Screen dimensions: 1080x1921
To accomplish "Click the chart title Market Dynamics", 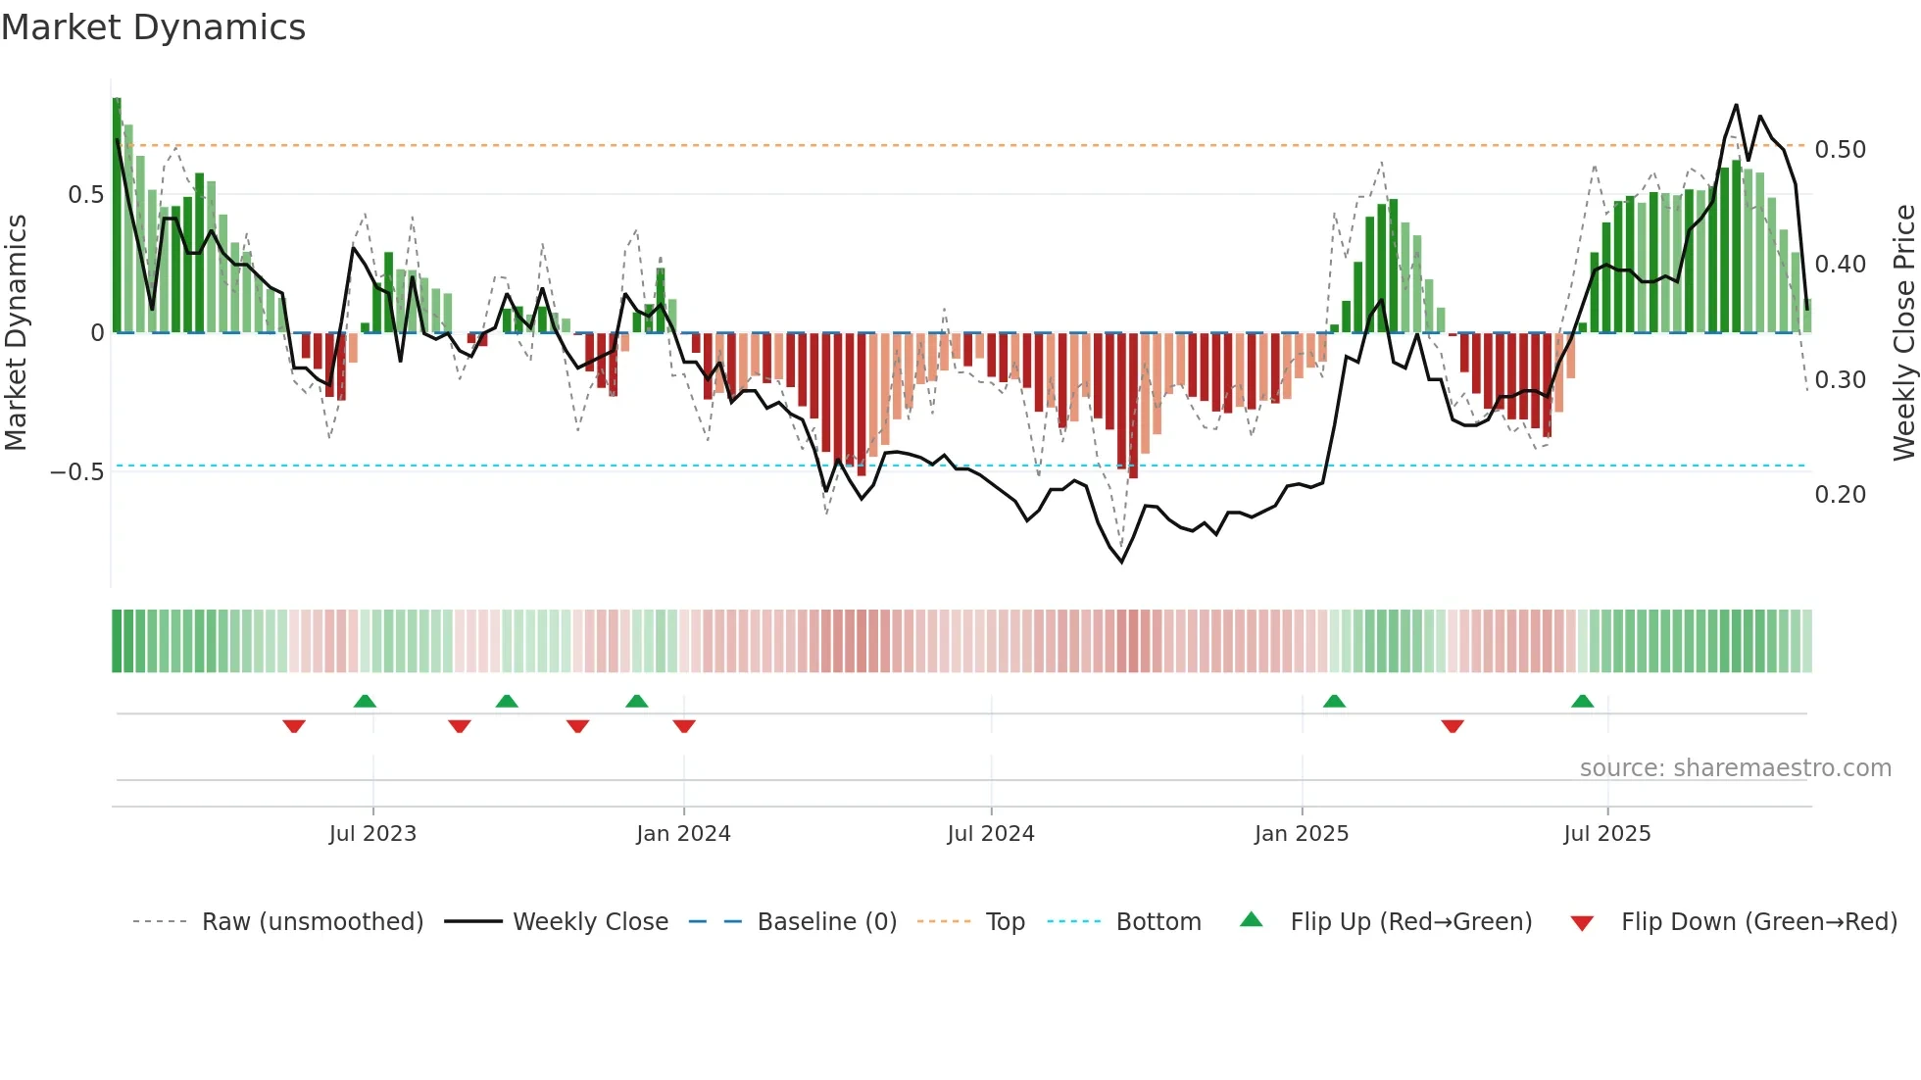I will click(x=154, y=27).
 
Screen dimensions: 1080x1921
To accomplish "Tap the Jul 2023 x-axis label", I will click(x=372, y=834).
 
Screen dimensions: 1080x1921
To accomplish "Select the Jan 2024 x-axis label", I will click(x=683, y=834).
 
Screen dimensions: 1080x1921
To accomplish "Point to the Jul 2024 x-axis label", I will click(x=991, y=834).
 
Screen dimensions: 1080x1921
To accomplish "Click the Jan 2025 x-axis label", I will click(x=1302, y=834).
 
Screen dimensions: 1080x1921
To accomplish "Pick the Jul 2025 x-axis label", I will click(x=1607, y=834).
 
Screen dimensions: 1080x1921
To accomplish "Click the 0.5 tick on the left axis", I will click(x=86, y=195).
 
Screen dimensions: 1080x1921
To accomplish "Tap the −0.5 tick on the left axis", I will click(x=77, y=472).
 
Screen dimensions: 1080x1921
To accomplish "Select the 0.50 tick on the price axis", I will click(x=1841, y=150).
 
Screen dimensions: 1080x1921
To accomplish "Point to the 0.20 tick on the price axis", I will click(x=1841, y=495).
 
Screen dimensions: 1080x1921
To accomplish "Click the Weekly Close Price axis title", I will click(x=1903, y=332).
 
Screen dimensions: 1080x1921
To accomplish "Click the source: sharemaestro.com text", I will click(x=1736, y=768).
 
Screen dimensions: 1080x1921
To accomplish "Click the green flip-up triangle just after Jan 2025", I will click(x=1334, y=701).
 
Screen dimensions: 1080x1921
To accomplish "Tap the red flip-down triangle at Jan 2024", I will click(x=684, y=726).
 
